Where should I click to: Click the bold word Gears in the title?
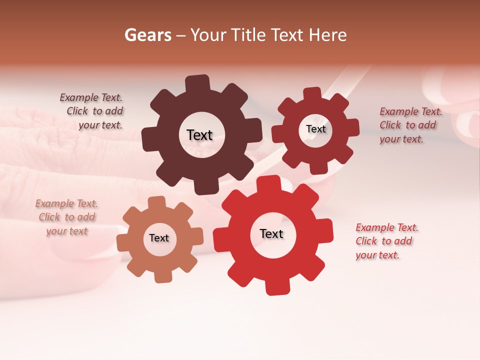point(148,35)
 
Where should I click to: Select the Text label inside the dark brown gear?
point(199,135)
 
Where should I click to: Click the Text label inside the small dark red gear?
point(315,129)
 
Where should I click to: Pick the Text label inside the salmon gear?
point(159,238)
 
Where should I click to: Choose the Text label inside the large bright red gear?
point(271,233)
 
